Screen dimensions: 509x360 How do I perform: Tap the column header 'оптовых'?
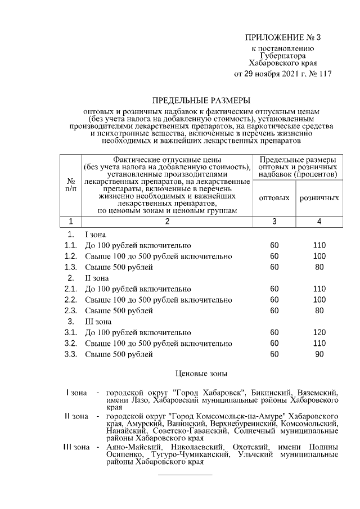click(x=274, y=198)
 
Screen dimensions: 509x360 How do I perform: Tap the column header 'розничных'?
click(x=319, y=198)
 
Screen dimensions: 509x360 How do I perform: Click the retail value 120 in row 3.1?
click(x=319, y=332)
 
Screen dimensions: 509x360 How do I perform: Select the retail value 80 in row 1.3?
click(x=319, y=267)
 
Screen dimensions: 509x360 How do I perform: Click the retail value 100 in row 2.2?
click(x=319, y=299)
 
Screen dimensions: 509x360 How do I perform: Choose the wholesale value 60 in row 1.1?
click(x=274, y=245)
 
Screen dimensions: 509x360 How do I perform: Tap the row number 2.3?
click(x=70, y=310)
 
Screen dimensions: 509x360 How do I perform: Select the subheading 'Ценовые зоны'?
click(x=201, y=372)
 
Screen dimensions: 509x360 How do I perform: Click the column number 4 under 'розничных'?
click(x=319, y=221)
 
